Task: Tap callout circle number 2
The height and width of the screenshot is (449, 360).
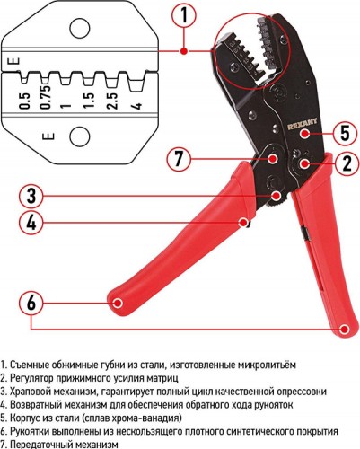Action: (346, 163)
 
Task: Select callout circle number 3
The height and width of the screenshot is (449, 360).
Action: (30, 195)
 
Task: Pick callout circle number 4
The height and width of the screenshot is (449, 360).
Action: (30, 221)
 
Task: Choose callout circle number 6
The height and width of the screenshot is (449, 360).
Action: (30, 303)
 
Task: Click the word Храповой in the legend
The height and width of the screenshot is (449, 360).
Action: (31, 392)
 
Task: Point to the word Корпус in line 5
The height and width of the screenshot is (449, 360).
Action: (27, 418)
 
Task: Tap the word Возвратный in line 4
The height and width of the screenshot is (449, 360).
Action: (35, 405)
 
